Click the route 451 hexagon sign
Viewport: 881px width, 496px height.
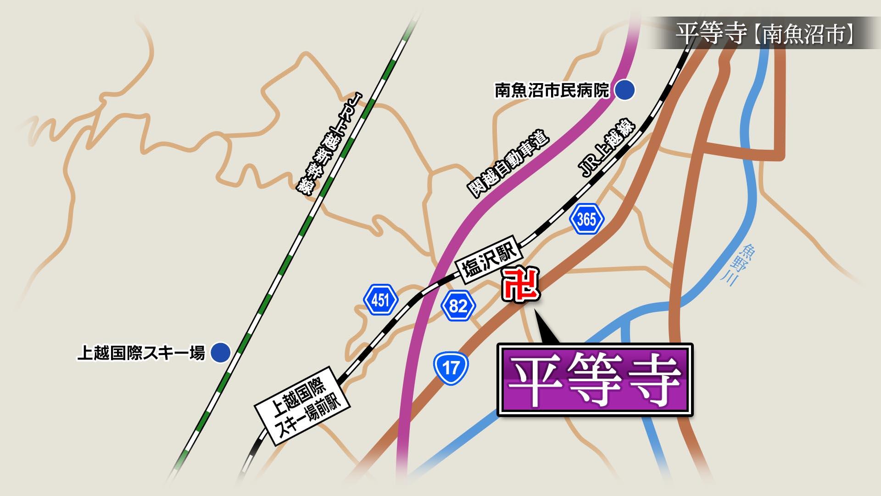pos(379,301)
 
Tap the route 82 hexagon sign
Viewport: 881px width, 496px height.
pos(457,305)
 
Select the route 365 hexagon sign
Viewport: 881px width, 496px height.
pos(586,220)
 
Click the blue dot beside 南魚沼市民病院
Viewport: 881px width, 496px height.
pos(625,90)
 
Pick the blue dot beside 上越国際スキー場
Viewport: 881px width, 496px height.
pos(221,353)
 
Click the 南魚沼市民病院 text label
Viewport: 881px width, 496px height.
pos(552,90)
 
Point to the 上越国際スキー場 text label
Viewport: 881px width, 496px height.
pos(140,353)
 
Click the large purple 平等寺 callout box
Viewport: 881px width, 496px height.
pos(595,380)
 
